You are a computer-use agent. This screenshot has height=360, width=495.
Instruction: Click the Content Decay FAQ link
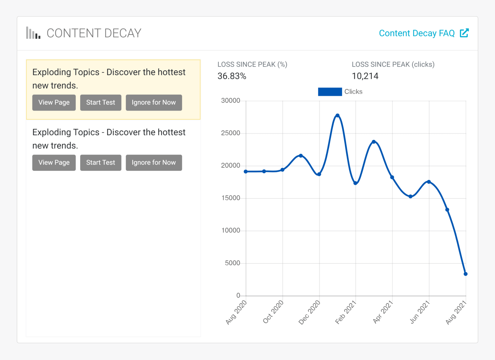click(417, 33)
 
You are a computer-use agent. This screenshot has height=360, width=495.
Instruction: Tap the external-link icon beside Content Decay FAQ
click(464, 33)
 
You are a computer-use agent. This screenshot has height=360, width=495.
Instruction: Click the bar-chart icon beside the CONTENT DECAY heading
click(33, 33)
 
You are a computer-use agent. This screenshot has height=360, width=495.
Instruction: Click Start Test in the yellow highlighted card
click(101, 102)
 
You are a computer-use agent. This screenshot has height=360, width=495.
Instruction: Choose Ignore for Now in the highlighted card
click(154, 102)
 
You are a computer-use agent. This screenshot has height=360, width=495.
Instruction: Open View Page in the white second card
click(54, 162)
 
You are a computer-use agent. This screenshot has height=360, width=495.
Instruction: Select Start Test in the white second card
click(101, 162)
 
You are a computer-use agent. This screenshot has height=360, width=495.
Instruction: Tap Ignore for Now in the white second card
click(154, 162)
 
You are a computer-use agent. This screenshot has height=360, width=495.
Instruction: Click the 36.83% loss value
click(232, 76)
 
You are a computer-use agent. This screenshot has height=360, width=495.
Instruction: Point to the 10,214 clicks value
click(365, 76)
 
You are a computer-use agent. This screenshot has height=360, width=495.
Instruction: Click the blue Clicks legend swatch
click(330, 92)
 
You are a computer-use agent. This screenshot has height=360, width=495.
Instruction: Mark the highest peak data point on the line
click(338, 116)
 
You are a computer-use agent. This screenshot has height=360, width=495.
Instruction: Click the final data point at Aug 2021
click(466, 274)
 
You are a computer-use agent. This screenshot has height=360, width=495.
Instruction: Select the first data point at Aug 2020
click(246, 172)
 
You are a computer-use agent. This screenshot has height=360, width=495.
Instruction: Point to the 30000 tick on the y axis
click(230, 101)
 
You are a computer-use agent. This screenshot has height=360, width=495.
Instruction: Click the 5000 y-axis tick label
click(232, 263)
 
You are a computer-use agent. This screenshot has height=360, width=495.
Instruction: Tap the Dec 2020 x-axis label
click(309, 312)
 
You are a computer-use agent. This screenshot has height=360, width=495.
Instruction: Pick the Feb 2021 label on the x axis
click(346, 312)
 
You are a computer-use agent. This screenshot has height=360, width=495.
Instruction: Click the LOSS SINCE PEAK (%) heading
click(252, 64)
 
